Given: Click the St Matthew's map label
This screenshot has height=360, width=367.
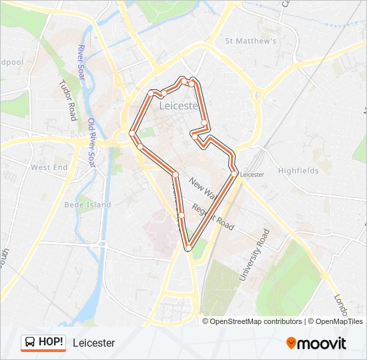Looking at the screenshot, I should click(x=251, y=41).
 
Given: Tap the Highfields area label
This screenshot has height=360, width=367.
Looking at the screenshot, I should click(x=298, y=171).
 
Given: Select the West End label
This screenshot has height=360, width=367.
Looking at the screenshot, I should click(x=49, y=167).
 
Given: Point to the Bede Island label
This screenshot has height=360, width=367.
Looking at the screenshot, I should click(x=87, y=205).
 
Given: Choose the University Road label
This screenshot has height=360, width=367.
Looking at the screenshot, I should click(x=254, y=254).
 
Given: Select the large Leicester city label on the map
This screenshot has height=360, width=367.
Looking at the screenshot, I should click(x=178, y=106).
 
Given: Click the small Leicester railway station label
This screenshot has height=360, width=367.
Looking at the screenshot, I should click(x=252, y=175).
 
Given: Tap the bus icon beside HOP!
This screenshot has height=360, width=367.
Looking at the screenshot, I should click(x=30, y=343).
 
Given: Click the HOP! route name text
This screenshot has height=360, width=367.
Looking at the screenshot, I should click(x=51, y=343).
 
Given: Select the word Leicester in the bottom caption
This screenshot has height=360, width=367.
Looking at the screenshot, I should click(x=93, y=343).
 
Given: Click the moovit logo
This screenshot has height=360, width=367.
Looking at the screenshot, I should click(x=316, y=343).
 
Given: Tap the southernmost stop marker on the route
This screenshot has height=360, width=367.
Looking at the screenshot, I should click(x=189, y=247).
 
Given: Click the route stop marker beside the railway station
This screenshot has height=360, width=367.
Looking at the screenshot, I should click(x=234, y=175).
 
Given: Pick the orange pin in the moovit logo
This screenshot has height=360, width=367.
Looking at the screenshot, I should click(x=291, y=343).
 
